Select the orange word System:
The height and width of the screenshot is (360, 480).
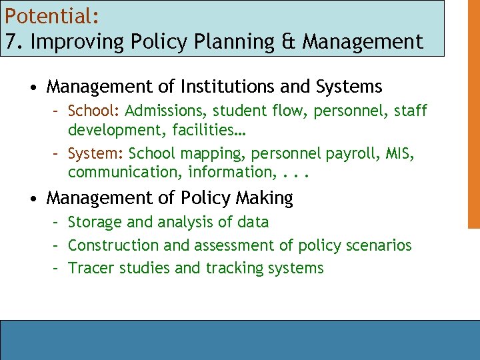(x=95, y=154)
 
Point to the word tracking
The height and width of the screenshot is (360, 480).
(x=235, y=269)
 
